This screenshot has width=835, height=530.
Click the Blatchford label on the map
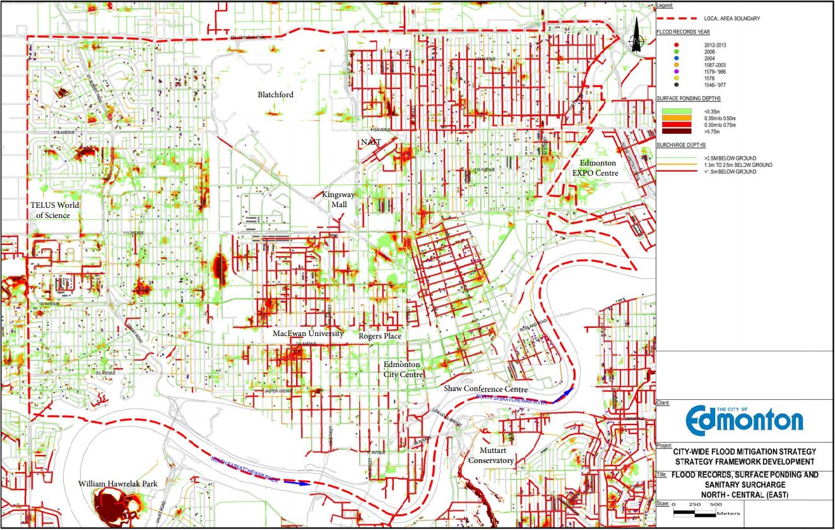coord(276,95)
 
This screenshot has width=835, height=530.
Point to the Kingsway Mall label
coord(339,200)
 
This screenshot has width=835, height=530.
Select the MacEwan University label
coord(308,334)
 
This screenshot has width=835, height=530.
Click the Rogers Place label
coord(380,336)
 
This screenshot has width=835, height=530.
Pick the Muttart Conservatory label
coord(490,456)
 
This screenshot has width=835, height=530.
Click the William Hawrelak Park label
coord(118,483)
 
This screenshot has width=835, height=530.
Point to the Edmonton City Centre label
coord(403,370)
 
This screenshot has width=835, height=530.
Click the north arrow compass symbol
coord(637,37)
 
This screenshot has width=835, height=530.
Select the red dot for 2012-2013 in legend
coord(677,44)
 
